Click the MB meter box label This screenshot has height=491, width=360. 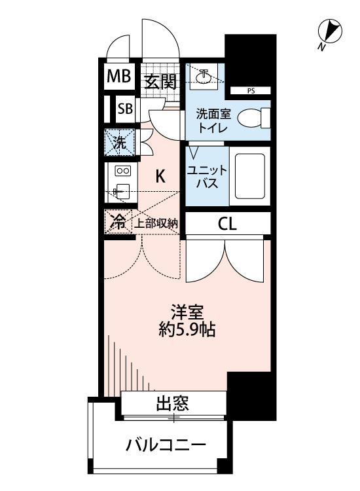pos(119,77)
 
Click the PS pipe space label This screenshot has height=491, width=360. pos(251,90)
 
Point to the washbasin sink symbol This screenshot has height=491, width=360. pos(204,77)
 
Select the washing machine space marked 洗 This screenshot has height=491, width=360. pos(119,142)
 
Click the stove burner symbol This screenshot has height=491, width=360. pos(123,172)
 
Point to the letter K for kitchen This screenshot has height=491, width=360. pos(160,175)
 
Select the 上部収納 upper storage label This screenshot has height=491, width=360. pos(156,223)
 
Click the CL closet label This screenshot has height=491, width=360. pos(228,224)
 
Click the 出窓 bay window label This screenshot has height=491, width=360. pos(173,404)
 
